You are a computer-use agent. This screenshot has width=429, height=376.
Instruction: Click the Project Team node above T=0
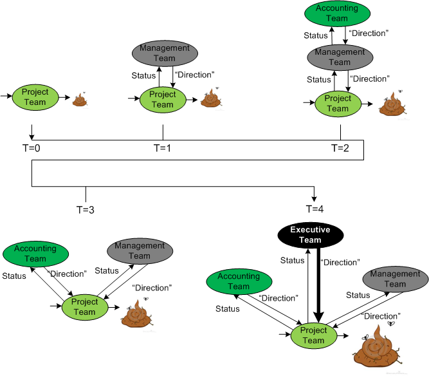(35, 97)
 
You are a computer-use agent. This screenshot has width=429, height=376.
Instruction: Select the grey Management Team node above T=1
(163, 53)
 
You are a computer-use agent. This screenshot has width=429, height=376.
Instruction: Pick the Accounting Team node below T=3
(35, 254)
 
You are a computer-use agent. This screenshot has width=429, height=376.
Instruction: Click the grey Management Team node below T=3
(140, 250)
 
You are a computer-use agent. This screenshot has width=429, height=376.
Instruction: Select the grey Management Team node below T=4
(396, 279)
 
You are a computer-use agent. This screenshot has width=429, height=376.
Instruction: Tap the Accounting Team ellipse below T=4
(239, 281)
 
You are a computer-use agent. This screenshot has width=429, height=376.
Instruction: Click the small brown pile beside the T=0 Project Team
(80, 99)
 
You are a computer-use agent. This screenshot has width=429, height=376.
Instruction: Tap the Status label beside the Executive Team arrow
(292, 261)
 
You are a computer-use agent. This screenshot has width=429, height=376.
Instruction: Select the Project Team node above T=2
(338, 104)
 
